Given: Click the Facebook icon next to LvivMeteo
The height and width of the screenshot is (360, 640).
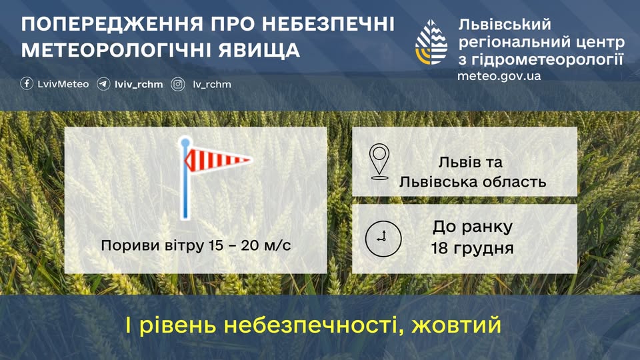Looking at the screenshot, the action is click(x=27, y=84).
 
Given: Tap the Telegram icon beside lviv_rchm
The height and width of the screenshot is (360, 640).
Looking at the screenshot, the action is click(x=103, y=84).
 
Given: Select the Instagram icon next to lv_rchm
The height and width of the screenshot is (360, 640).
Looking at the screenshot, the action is click(x=177, y=84).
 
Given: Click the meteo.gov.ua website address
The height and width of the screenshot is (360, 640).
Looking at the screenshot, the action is click(x=499, y=76).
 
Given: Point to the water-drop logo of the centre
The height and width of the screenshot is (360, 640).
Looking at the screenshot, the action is click(x=431, y=42).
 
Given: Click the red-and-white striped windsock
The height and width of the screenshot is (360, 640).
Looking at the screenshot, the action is click(x=218, y=159).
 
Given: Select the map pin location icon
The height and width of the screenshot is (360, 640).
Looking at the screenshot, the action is click(x=379, y=161).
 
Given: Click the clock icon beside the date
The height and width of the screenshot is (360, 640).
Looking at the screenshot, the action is click(x=383, y=239).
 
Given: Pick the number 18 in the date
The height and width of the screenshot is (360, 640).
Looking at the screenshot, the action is click(x=440, y=248).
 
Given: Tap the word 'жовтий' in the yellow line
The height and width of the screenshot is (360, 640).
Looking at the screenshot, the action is click(x=456, y=325).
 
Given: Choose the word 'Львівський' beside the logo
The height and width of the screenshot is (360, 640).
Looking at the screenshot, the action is click(x=505, y=25).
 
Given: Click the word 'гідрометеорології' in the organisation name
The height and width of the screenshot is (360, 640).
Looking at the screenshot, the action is click(x=547, y=60).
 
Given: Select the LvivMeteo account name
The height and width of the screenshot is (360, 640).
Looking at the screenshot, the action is click(x=63, y=84).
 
